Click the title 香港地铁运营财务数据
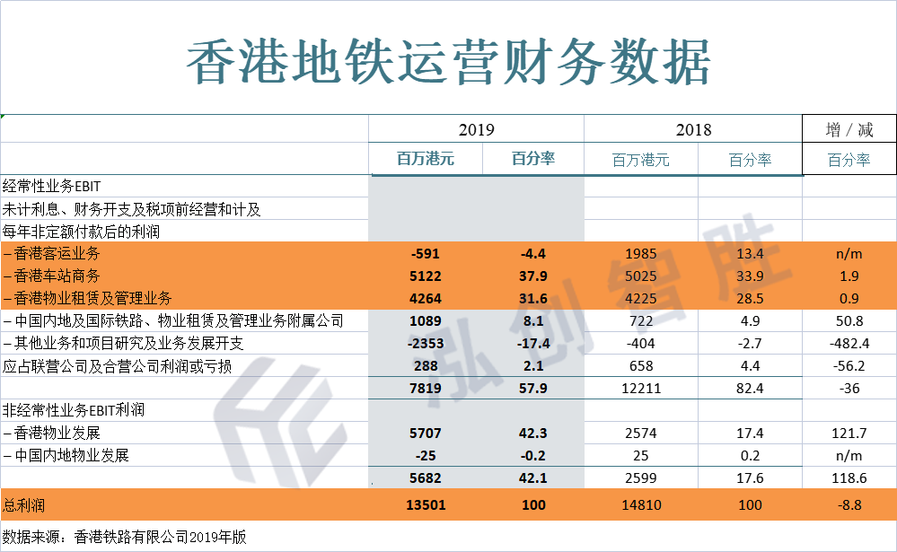tap(448, 61)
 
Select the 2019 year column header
tap(476, 130)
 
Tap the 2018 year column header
tap(692, 130)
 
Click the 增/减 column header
tap(849, 130)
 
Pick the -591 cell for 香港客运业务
tap(425, 253)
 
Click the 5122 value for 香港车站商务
tap(425, 276)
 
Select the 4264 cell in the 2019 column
tap(425, 298)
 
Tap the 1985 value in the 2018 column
tap(641, 253)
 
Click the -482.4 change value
tap(849, 343)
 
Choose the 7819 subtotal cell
tap(425, 388)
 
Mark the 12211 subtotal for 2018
tap(641, 388)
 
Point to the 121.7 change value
tap(849, 433)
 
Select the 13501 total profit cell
tap(425, 505)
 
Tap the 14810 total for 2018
tap(641, 505)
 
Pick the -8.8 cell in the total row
tap(849, 505)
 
